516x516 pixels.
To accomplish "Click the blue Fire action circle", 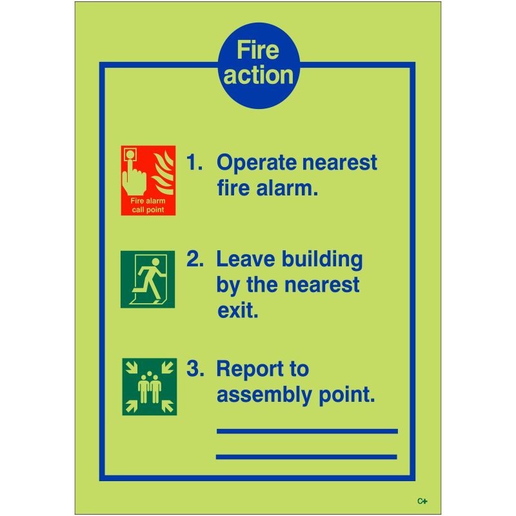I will (x=257, y=64).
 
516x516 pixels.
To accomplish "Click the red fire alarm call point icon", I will (x=148, y=181).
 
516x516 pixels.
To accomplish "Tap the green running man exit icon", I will (x=148, y=279).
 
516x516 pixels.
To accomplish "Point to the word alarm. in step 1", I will (x=284, y=188).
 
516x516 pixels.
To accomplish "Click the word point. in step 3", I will (x=346, y=394).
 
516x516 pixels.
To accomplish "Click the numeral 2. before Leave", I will (x=195, y=260).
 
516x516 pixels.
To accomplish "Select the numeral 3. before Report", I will (x=195, y=370).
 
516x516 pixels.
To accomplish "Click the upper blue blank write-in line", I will (x=306, y=431).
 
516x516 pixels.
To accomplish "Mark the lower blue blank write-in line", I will (x=306, y=457).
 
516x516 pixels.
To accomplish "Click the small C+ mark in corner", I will (x=422, y=501).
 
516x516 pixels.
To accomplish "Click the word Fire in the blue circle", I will (x=257, y=50).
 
